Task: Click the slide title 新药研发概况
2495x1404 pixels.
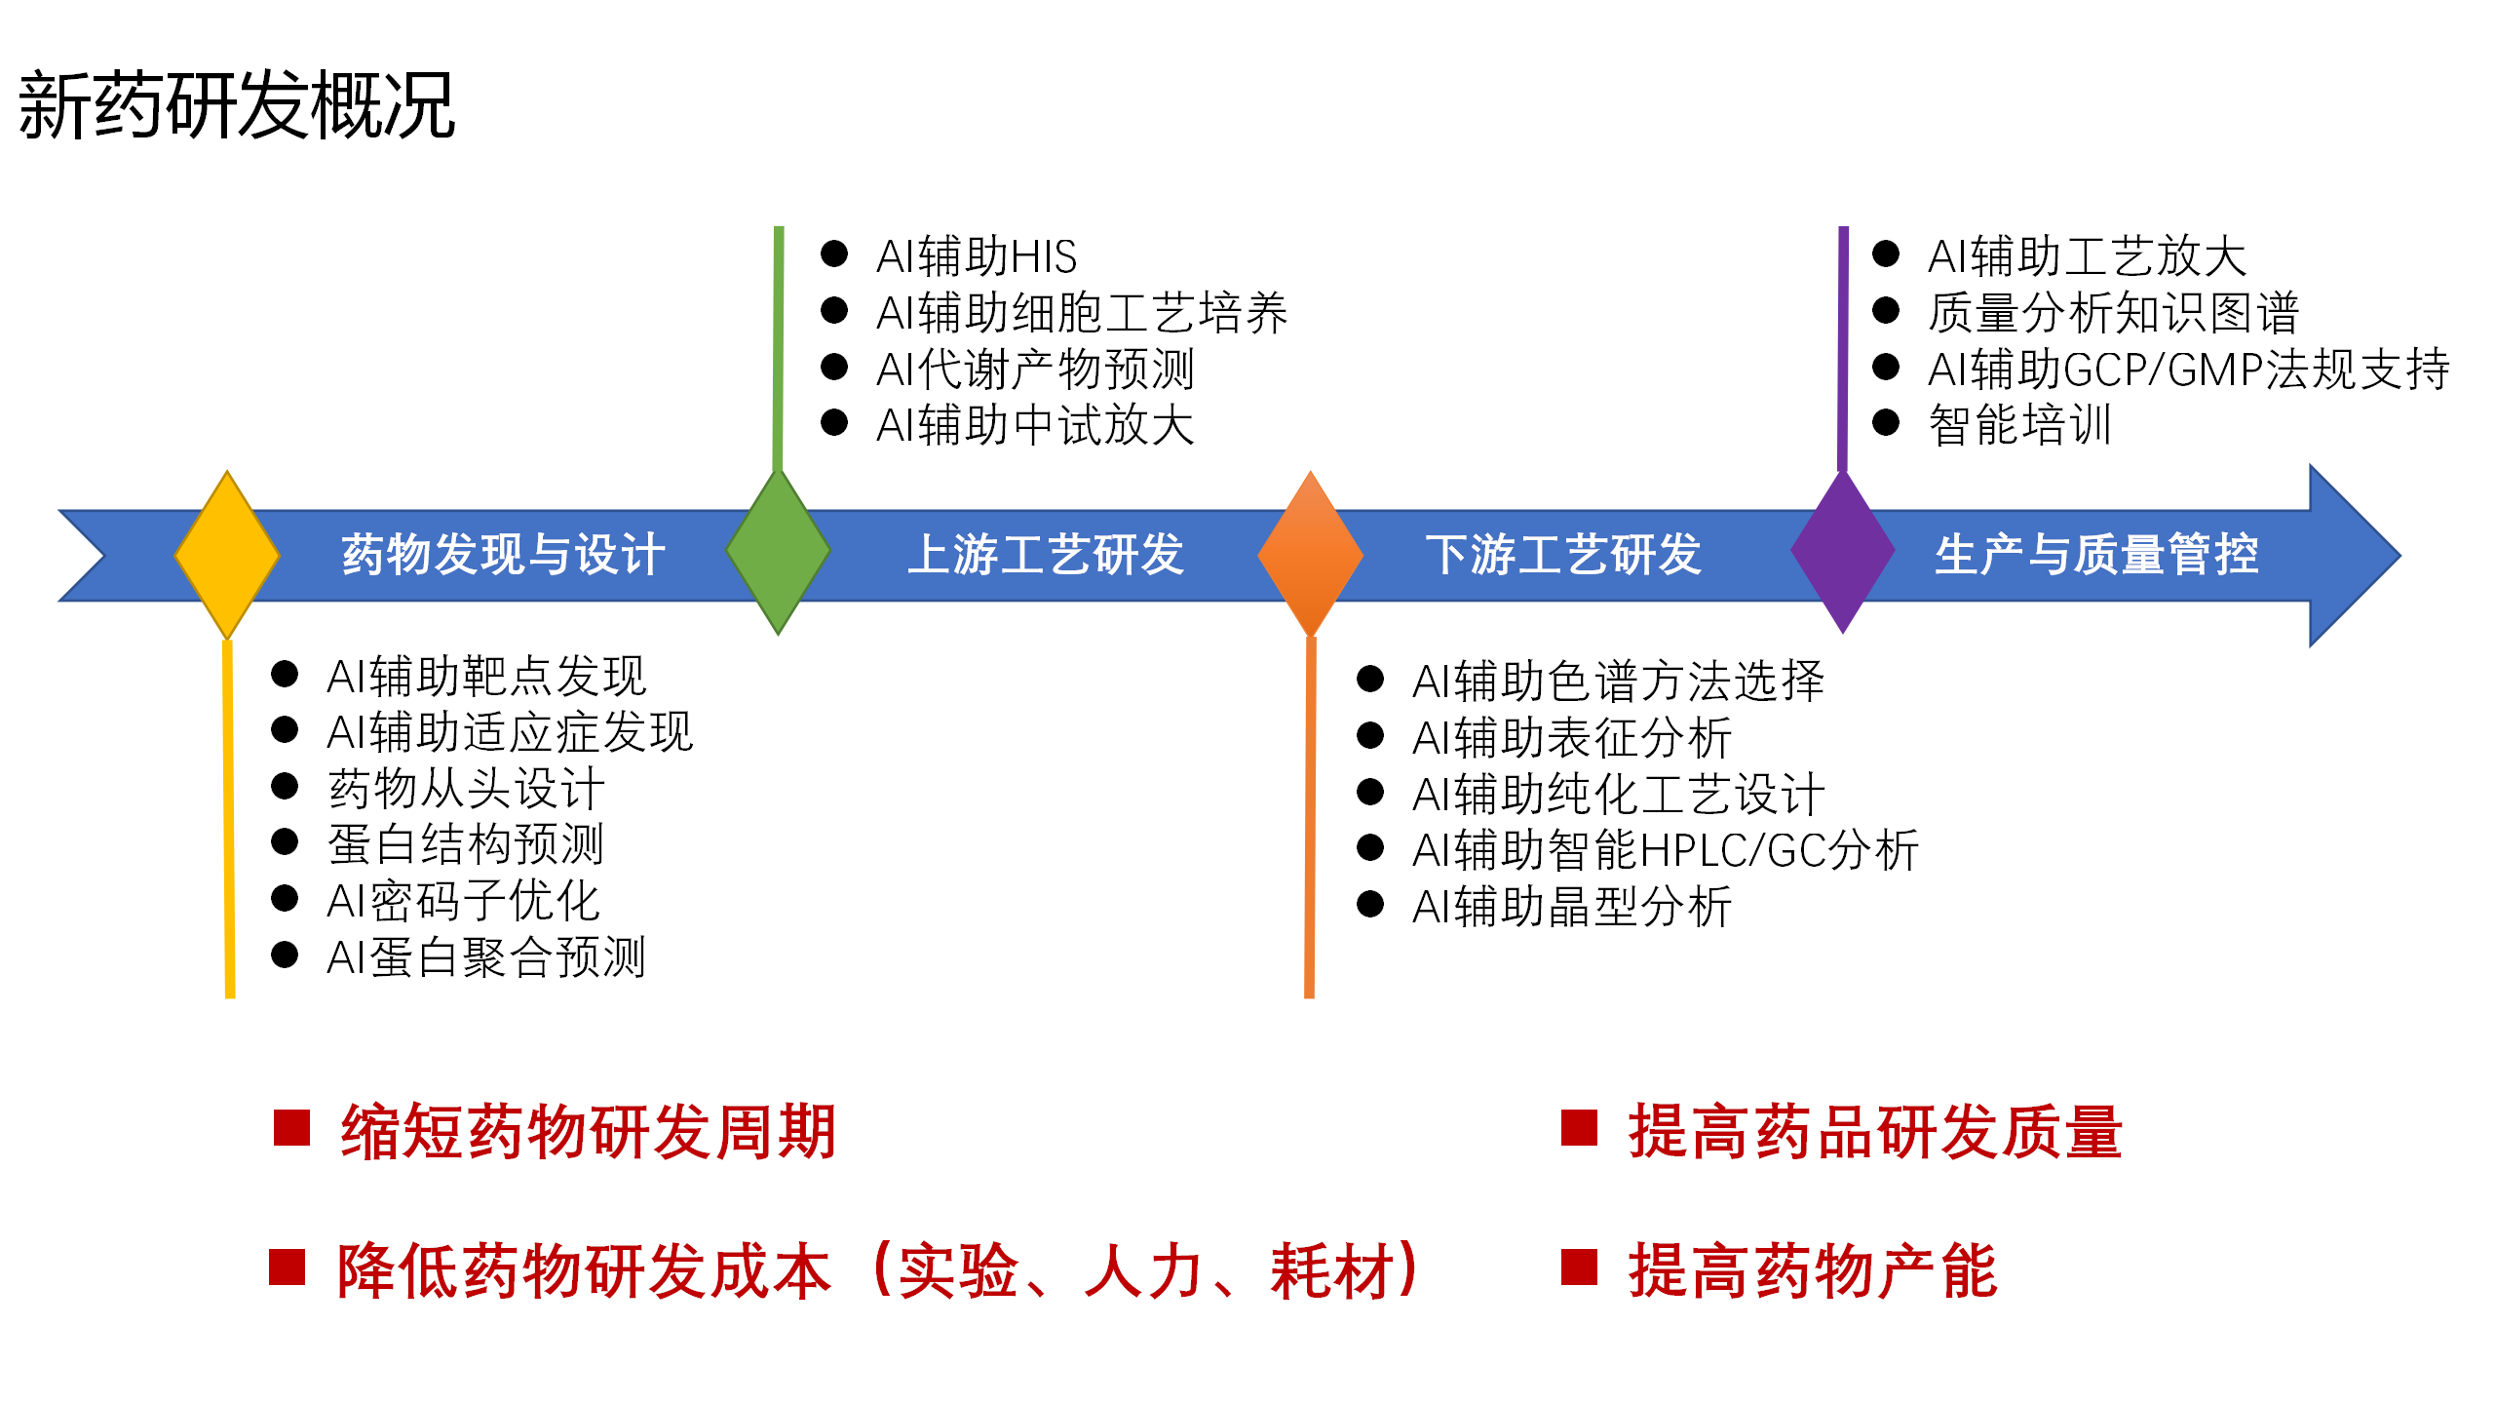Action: pos(237,105)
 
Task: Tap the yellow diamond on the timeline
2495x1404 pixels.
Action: pos(227,555)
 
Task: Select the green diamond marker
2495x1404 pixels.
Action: pos(778,552)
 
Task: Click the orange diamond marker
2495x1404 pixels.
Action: pos(1310,554)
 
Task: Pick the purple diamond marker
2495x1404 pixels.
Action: pos(1842,552)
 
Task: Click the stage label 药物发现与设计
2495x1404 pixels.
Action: pos(503,555)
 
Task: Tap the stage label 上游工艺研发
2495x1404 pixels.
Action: pos(1046,555)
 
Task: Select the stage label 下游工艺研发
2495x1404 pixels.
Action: pos(1563,555)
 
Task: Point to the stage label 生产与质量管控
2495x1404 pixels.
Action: pos(2096,555)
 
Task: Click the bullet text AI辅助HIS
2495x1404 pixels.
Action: pos(977,256)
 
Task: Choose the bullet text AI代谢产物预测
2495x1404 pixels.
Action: pos(1035,370)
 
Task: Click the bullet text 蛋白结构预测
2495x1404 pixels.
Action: pos(466,844)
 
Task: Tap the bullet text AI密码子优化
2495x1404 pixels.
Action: pos(463,901)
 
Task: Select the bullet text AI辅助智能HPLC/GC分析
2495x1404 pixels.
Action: pos(1666,850)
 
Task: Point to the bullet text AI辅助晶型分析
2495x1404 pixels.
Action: pos(1571,907)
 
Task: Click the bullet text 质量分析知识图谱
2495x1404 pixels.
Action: pos(2113,313)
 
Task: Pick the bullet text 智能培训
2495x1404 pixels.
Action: pos(2019,425)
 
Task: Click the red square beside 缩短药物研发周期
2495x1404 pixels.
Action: pos(291,1128)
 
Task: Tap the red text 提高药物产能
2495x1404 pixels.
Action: pos(1813,1271)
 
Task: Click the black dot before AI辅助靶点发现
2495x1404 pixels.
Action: pos(285,674)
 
